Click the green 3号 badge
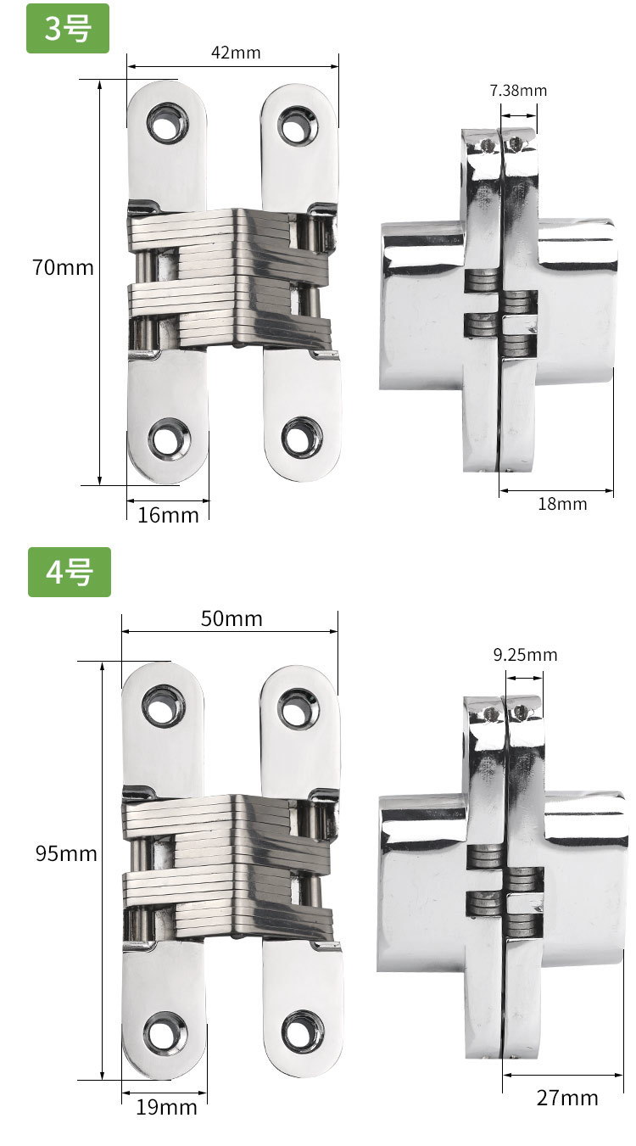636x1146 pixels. (x=68, y=28)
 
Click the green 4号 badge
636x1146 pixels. (x=70, y=572)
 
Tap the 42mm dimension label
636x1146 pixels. (x=236, y=53)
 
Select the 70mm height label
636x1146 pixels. (x=63, y=267)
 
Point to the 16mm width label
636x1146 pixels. (x=168, y=515)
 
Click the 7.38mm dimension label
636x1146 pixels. (x=518, y=91)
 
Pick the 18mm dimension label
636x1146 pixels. (x=562, y=504)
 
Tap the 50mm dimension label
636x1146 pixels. (x=232, y=618)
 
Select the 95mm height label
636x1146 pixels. (x=66, y=854)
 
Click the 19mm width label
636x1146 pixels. (x=166, y=1107)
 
